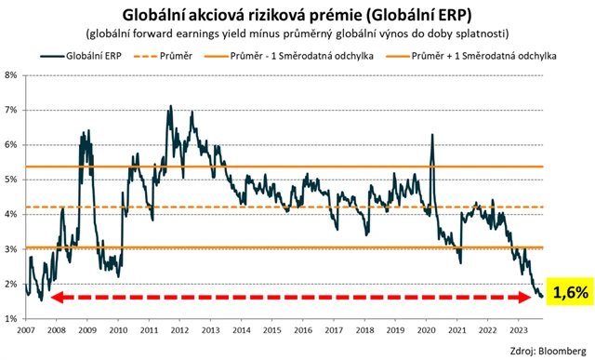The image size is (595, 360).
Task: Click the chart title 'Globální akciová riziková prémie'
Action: (x=297, y=13)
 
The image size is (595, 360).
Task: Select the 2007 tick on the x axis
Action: (x=26, y=329)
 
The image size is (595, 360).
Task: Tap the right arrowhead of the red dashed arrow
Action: (x=535, y=298)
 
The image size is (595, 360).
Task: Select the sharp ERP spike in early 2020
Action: (x=432, y=135)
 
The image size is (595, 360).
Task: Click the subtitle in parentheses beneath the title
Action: (x=297, y=33)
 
